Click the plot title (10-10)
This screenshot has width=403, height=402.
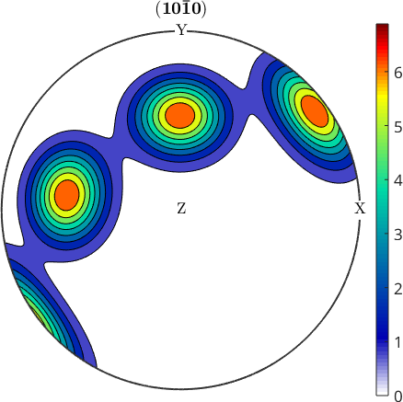[181, 9]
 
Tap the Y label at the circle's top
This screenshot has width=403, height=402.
[181, 30]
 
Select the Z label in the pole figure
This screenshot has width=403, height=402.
[181, 209]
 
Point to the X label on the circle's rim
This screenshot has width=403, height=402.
[361, 209]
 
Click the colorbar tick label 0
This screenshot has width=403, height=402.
[398, 396]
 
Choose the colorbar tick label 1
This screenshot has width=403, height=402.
[398, 342]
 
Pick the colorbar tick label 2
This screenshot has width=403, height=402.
[398, 289]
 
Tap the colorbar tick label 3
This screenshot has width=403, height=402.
[398, 235]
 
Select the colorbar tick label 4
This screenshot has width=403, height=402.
[398, 181]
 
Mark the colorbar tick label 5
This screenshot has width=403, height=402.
[398, 127]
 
